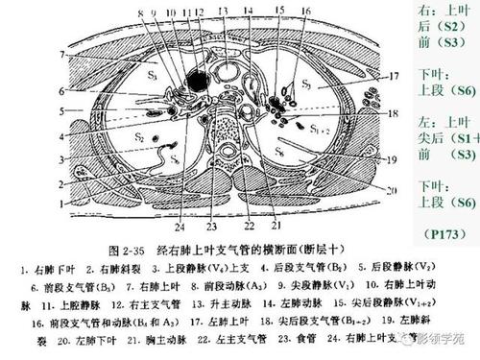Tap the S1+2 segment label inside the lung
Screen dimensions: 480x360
(x=320, y=127)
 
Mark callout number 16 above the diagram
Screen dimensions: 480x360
(x=304, y=12)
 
